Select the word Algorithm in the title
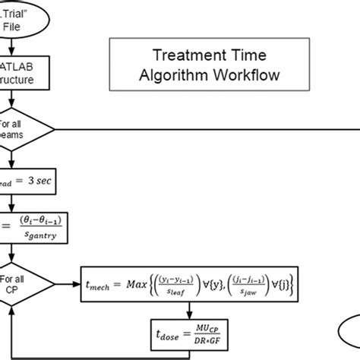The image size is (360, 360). [176, 75]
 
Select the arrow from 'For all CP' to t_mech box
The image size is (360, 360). [68, 285]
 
